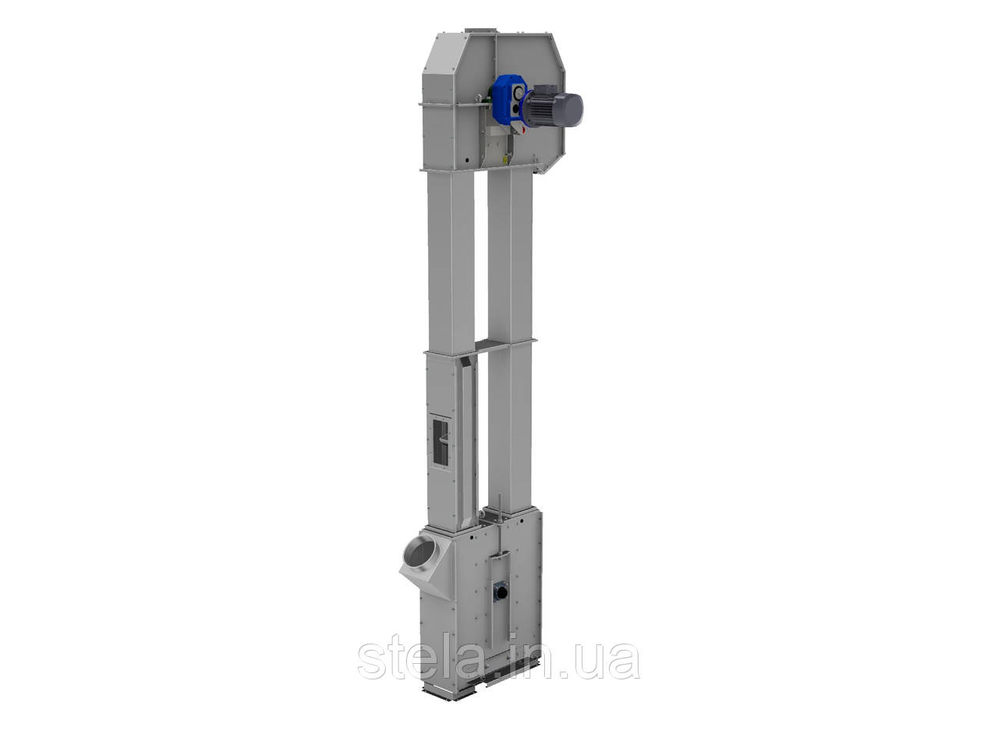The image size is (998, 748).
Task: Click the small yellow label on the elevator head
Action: click(x=504, y=159)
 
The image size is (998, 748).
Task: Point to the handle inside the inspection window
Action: click(x=444, y=438)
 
